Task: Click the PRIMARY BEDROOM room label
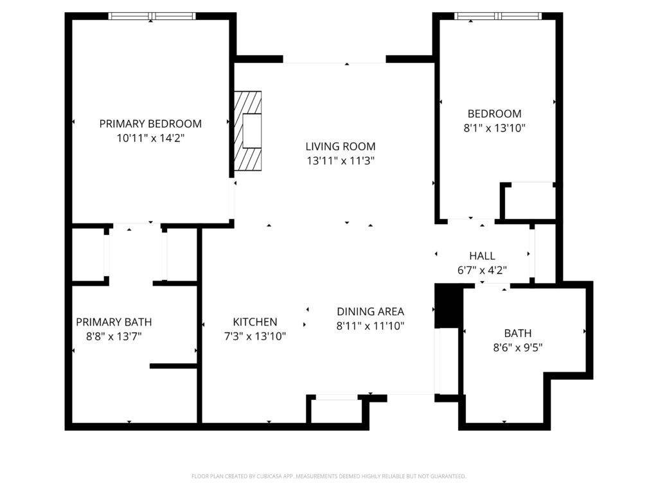(x=150, y=123)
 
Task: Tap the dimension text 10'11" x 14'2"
(x=150, y=137)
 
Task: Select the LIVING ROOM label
(x=341, y=146)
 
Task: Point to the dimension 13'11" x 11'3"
(x=341, y=160)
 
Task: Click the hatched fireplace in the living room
(x=248, y=131)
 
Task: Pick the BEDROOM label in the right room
(x=495, y=114)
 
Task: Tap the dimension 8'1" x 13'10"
(x=495, y=128)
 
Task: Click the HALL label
(x=482, y=256)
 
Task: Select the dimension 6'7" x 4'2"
(x=482, y=270)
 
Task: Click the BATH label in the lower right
(x=518, y=333)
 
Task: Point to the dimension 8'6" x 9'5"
(x=518, y=347)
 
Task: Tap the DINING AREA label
(x=370, y=311)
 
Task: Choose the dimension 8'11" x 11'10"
(x=370, y=325)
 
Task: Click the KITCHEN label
(x=255, y=322)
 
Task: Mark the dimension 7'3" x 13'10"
(x=255, y=336)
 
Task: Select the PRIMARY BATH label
(x=114, y=322)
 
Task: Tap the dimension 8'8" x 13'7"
(x=114, y=336)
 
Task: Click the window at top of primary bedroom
(x=152, y=16)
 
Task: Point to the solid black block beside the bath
(x=444, y=306)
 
